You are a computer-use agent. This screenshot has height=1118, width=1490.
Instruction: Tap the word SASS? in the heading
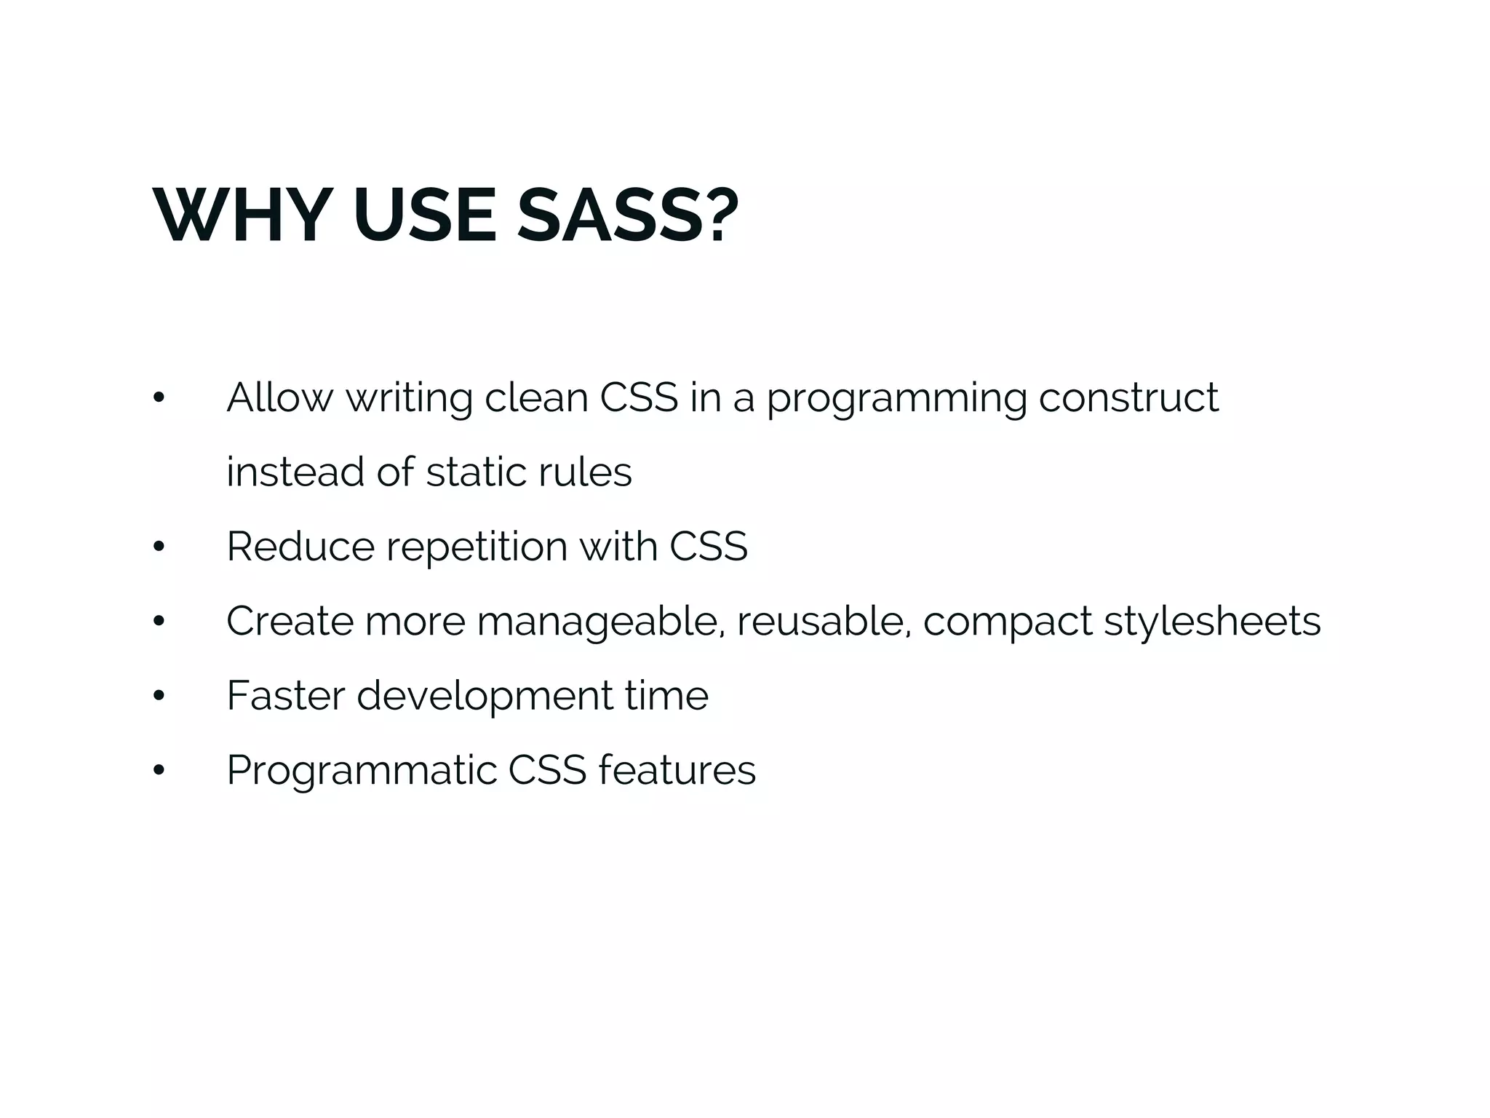coord(627,216)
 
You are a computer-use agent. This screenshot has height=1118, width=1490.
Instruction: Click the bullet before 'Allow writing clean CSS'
coord(159,398)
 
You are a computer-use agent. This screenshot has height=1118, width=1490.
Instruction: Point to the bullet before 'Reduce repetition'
coord(159,547)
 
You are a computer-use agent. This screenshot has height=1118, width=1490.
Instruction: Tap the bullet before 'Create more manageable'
coord(159,622)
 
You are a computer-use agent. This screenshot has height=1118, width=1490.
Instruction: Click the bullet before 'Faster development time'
coord(159,696)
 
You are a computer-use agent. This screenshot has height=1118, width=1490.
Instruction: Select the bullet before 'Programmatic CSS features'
coord(159,771)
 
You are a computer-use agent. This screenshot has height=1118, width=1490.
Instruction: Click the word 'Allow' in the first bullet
coord(279,398)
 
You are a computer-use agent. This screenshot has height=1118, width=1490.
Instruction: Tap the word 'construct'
coord(1128,398)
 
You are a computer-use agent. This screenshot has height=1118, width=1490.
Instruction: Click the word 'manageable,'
coord(601,622)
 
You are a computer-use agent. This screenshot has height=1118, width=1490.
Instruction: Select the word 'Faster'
coord(285,696)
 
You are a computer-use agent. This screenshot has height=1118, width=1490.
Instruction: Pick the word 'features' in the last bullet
coord(677,771)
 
